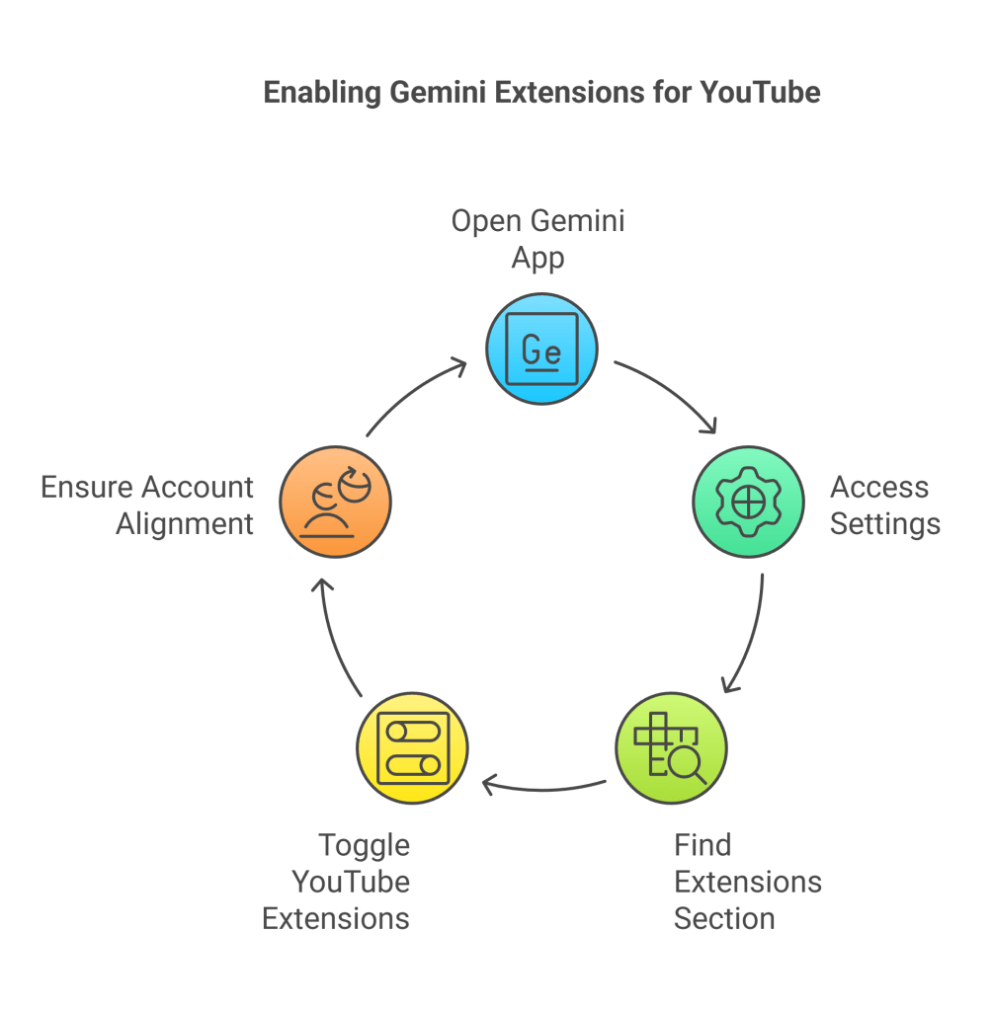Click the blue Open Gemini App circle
[541, 349]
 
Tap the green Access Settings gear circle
[748, 503]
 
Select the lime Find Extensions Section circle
[671, 747]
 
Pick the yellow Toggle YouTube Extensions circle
[411, 747]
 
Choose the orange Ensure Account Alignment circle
[335, 503]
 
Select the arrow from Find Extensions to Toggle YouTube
[543, 788]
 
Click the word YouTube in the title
[760, 93]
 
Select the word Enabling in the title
[322, 93]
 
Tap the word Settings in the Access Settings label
[884, 523]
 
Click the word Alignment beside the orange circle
[185, 523]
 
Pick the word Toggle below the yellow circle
[364, 845]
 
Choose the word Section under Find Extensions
[723, 918]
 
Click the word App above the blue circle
[537, 258]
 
